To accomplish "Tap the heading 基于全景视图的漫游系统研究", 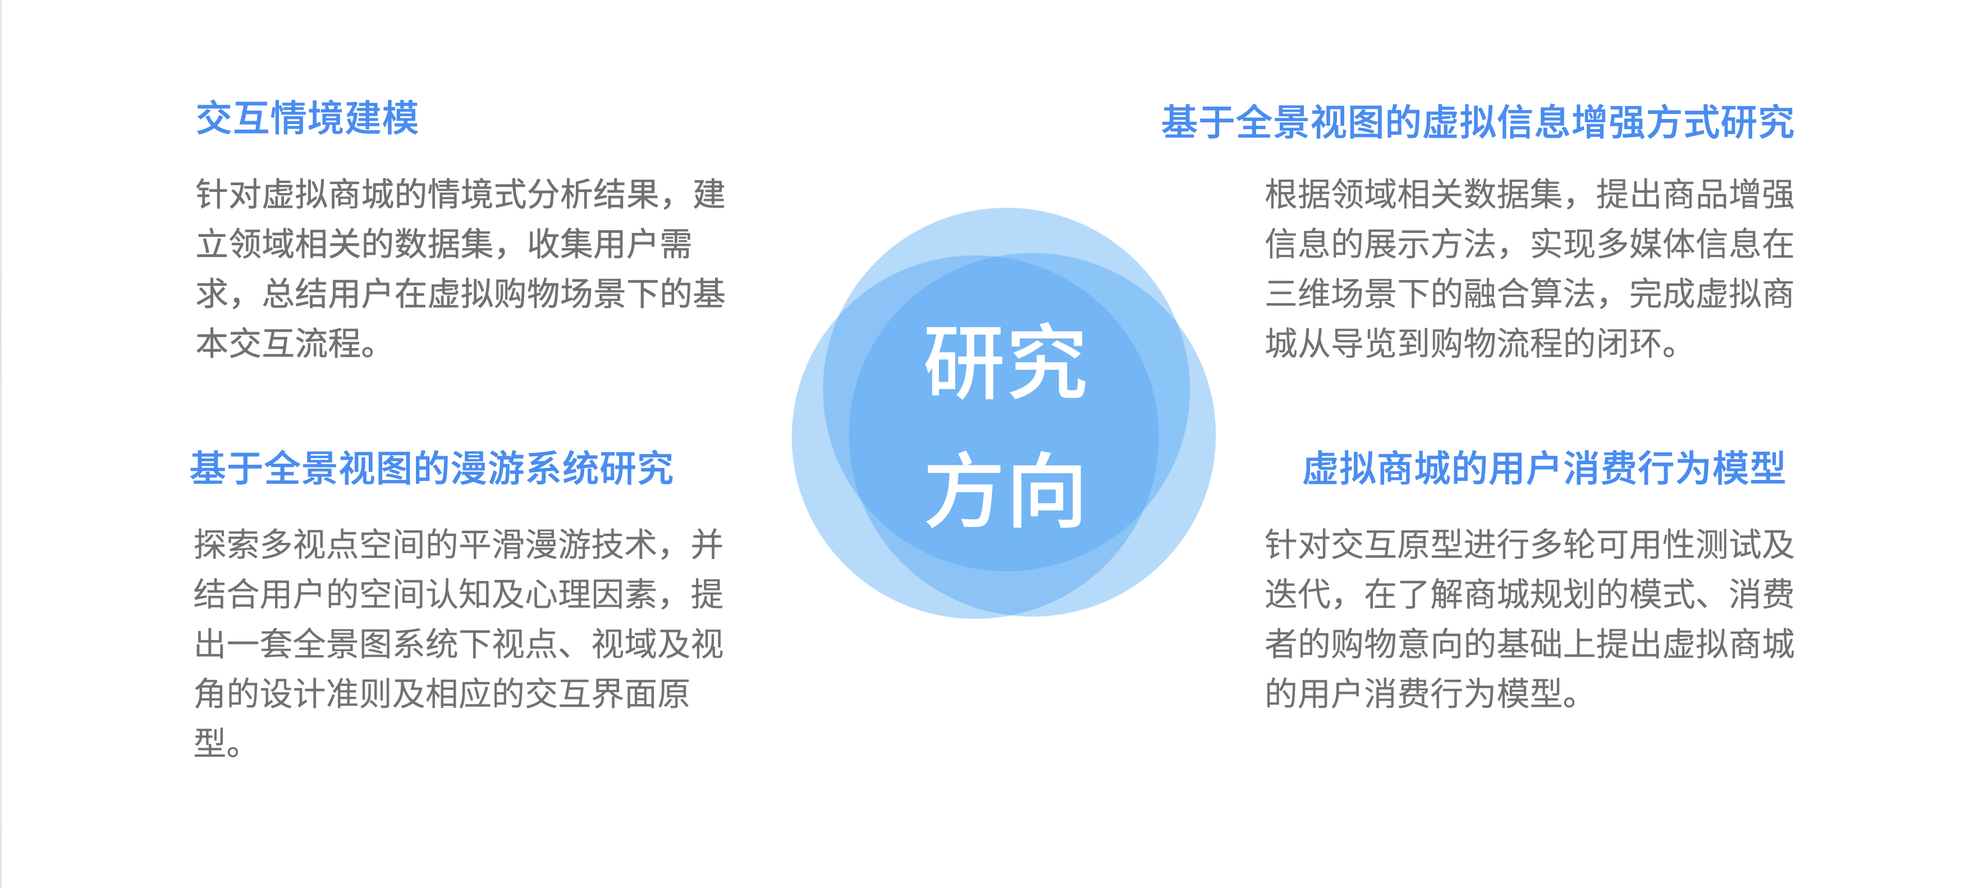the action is coord(432,468).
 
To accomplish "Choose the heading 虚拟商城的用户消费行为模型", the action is coord(1543,468).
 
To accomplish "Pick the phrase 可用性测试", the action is coord(1679,544).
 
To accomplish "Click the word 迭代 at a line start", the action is coord(1298,594).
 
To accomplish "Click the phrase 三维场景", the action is coord(1331,294).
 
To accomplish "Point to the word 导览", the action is coord(1364,344).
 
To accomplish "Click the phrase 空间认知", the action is coord(426,594).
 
